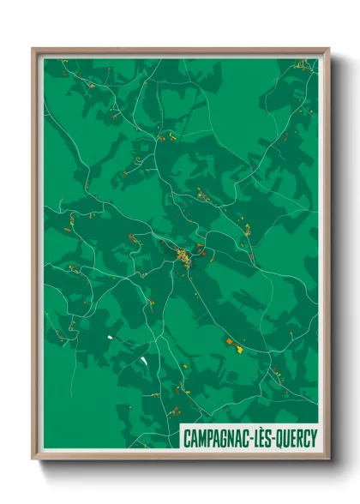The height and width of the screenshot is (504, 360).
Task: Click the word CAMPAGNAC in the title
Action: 218,438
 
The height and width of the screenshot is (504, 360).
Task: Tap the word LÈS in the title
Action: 266,438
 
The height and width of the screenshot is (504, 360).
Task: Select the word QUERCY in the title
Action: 299,438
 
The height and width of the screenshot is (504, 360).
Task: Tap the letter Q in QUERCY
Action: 282,438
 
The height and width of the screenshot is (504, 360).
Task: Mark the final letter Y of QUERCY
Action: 315,438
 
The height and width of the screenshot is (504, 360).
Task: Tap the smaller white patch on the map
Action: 110,338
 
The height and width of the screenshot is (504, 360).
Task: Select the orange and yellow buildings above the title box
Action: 233,345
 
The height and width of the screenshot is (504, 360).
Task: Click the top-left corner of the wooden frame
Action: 33,50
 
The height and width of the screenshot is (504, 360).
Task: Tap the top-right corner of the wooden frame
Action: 328,50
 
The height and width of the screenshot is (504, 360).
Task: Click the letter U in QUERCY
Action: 289,438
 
